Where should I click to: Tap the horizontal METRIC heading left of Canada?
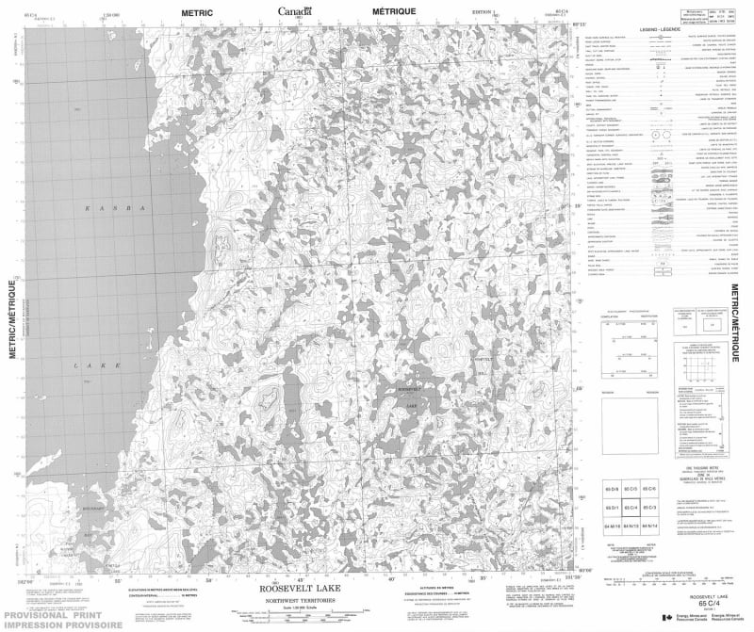(x=198, y=11)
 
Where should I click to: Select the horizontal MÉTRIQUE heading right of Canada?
(x=393, y=11)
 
